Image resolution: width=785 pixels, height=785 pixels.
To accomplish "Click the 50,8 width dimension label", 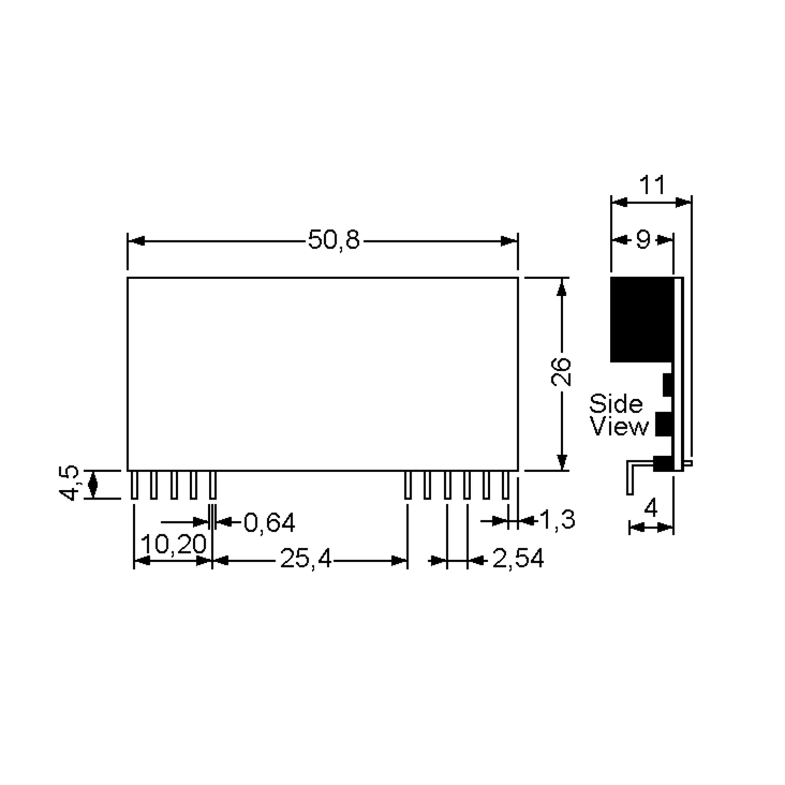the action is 334,240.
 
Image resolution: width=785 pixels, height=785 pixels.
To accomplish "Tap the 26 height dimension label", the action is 561,372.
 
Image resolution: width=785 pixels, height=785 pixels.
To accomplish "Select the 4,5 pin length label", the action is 68,483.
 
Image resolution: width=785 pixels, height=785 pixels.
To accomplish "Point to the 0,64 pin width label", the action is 270,523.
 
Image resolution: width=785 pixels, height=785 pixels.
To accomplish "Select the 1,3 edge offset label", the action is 557,519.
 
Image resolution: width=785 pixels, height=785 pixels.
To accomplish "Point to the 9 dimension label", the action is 643,240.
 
